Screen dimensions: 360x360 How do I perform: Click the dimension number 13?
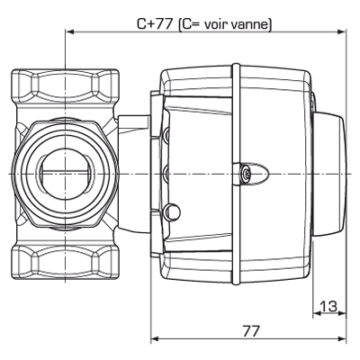tap(328, 307)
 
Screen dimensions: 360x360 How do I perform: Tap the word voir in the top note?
tap(217, 24)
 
